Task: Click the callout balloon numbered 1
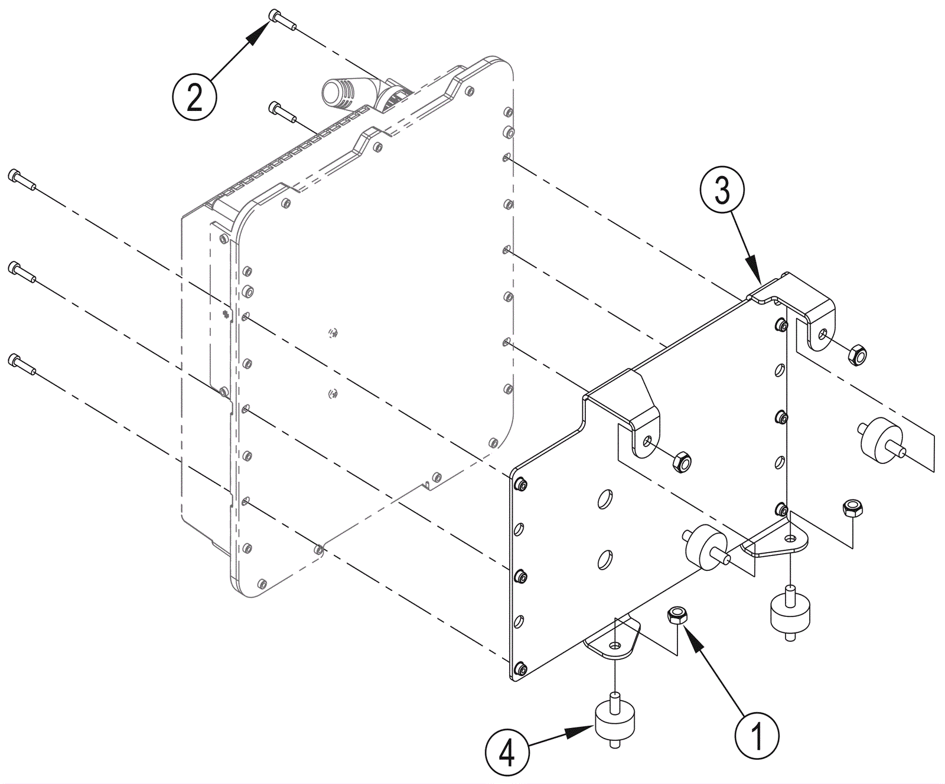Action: coord(757,736)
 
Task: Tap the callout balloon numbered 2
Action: coord(194,97)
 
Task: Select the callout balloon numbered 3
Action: coord(722,190)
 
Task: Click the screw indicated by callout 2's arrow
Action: coord(282,18)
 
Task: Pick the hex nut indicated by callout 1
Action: coord(676,615)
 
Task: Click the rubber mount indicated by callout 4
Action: coord(615,721)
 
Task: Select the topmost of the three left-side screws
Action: coord(22,179)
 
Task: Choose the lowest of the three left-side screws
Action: coord(22,364)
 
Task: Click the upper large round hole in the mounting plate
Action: coord(605,499)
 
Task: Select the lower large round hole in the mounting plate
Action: coord(605,559)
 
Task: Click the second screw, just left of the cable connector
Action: coord(282,112)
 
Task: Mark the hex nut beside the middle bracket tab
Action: coord(682,461)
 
